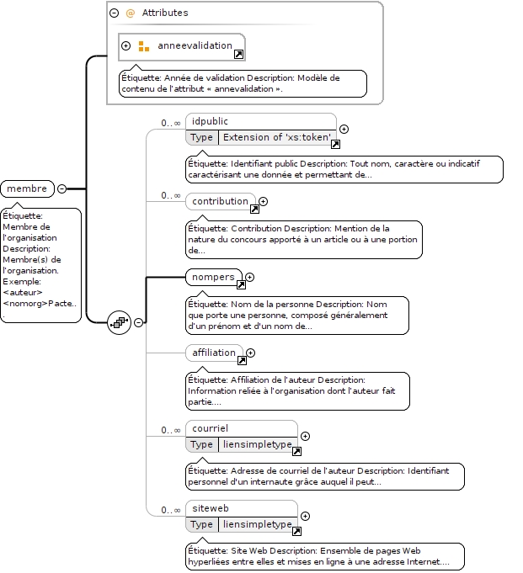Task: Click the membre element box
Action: [28, 188]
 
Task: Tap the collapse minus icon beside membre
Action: [62, 188]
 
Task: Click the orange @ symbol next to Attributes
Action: [130, 13]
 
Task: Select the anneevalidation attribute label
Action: [195, 45]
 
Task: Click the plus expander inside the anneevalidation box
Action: [125, 45]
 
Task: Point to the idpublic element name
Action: [210, 121]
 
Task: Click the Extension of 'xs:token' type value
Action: [277, 137]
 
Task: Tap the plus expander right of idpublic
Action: [344, 129]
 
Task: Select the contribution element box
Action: [221, 201]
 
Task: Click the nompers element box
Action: [214, 277]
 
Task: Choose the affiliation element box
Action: [214, 353]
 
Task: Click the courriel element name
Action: [210, 428]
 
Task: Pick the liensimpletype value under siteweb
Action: [258, 524]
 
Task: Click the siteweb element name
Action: [211, 508]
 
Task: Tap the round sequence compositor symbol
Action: [120, 322]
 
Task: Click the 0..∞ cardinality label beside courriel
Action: [171, 430]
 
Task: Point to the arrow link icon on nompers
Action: [241, 284]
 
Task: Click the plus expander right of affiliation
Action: [250, 353]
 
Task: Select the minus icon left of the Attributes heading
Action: [114, 13]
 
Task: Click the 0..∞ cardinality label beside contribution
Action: [171, 195]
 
